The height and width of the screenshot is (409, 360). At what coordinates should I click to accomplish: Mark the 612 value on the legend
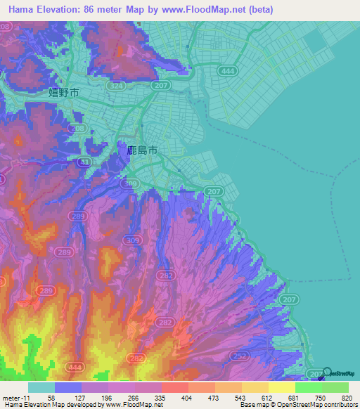tap(261, 398)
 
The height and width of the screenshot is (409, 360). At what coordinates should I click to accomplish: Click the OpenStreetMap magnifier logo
tap(326, 372)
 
